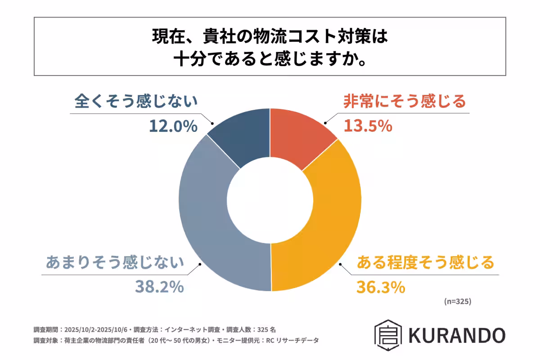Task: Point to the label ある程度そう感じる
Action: click(x=425, y=262)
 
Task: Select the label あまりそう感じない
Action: click(x=115, y=262)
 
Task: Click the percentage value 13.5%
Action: click(x=368, y=126)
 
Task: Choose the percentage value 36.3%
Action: click(x=380, y=287)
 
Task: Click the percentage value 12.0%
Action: click(x=173, y=126)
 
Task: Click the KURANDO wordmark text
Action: click(x=457, y=335)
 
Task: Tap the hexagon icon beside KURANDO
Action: click(x=388, y=335)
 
